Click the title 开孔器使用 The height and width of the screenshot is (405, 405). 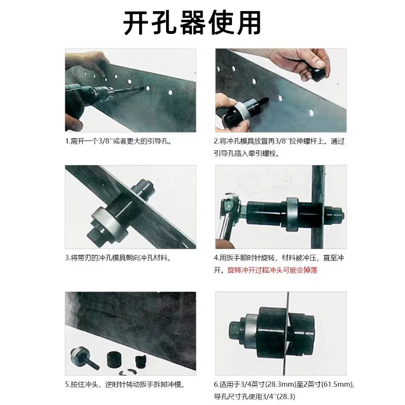click(x=192, y=23)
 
